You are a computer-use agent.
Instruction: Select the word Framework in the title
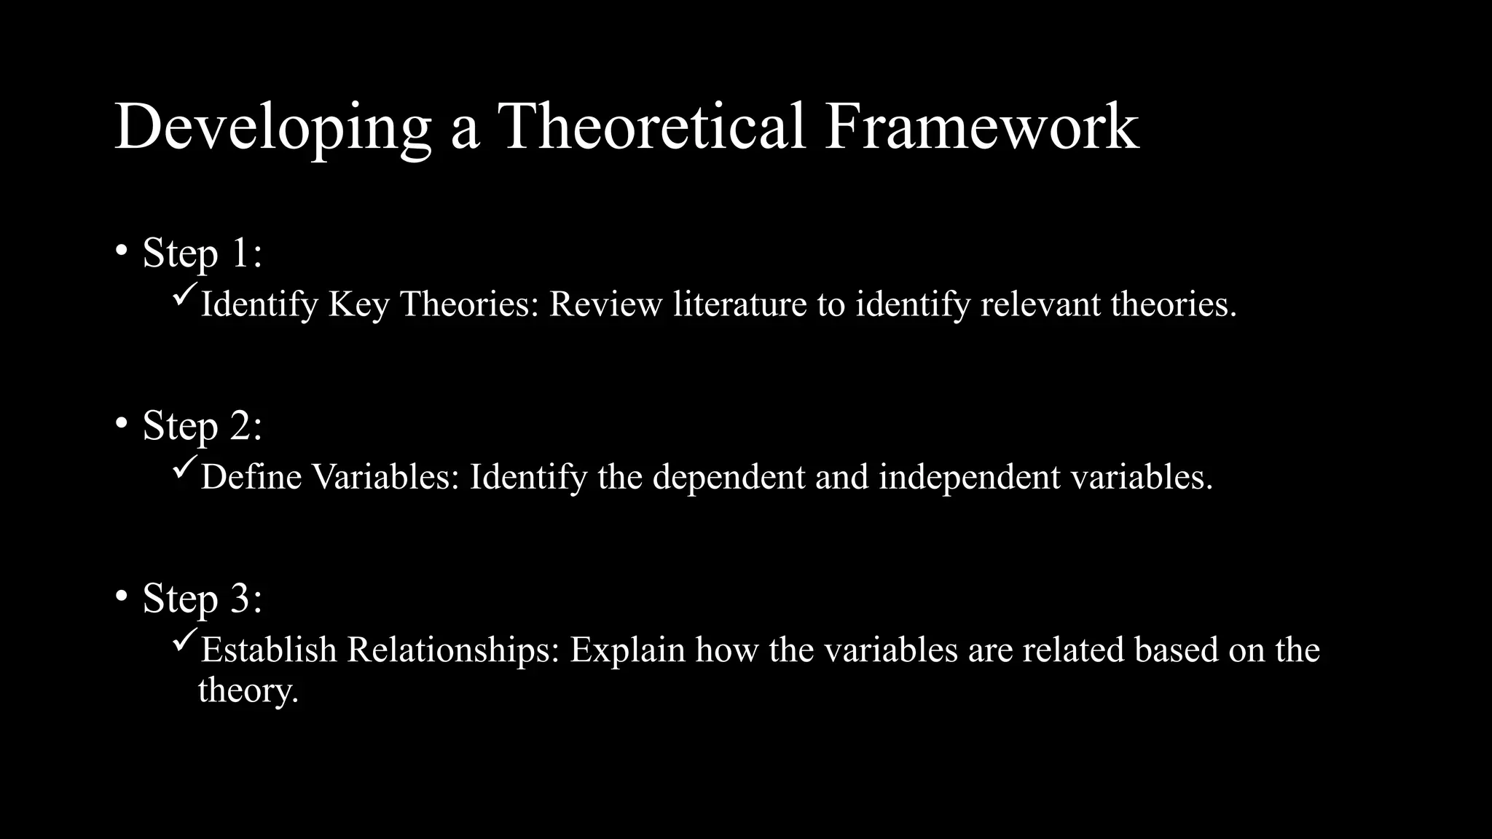tap(981, 126)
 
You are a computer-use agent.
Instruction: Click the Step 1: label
tap(202, 253)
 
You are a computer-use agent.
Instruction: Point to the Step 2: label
tap(202, 426)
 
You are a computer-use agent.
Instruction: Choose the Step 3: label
tap(202, 599)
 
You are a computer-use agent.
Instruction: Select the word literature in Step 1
tap(739, 304)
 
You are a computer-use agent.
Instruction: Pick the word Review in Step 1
tap(606, 304)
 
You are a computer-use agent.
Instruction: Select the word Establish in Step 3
tap(269, 650)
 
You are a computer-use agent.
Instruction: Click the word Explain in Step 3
tap(627, 650)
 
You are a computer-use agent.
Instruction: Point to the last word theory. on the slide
tap(248, 690)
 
